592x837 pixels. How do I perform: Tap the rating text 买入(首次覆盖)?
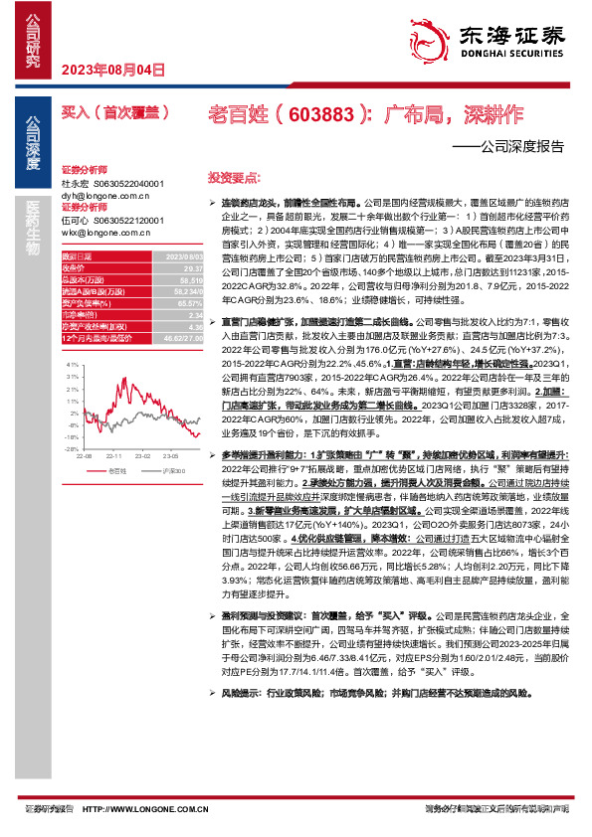[110, 113]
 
